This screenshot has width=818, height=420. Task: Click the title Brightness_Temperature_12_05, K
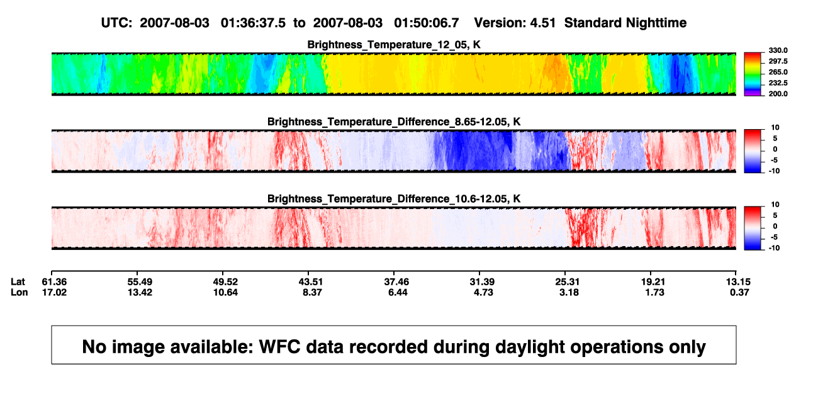[394, 45]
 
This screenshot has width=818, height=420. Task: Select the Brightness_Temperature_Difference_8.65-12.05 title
[394, 122]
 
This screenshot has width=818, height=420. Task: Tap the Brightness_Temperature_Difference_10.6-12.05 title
[394, 199]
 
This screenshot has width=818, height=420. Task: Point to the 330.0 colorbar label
[778, 50]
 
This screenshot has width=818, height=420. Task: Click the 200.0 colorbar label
[778, 94]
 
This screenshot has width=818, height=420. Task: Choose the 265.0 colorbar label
[778, 72]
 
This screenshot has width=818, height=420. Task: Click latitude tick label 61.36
[54, 282]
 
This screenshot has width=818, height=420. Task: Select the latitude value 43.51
[311, 282]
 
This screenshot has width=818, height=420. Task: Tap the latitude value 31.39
[482, 282]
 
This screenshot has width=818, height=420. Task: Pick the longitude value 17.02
[54, 292]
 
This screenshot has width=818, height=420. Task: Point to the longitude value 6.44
[398, 292]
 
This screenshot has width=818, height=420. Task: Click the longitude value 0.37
[739, 292]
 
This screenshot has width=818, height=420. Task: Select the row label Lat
[18, 282]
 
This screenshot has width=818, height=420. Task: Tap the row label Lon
[20, 292]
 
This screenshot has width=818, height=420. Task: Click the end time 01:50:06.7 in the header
[427, 23]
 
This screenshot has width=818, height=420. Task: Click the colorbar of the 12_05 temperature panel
[753, 74]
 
